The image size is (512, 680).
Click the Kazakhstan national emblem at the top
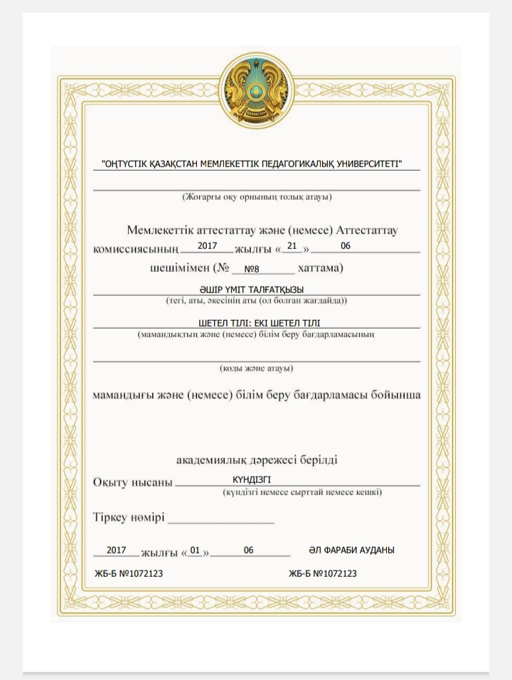tap(255, 90)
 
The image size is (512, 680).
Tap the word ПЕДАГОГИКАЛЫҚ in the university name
tap(283, 164)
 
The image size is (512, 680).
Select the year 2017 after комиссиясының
tap(207, 245)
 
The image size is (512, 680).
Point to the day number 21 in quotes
tap(292, 245)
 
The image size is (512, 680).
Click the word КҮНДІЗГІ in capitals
tap(252, 479)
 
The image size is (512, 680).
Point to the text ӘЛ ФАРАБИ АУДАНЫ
tap(351, 551)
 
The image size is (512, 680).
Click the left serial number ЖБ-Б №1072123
tap(129, 573)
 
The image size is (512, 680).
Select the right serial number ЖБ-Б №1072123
tap(323, 573)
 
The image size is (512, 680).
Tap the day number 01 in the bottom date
tap(196, 551)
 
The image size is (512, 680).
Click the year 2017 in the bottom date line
tap(116, 551)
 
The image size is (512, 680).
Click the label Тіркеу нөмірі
tap(129, 517)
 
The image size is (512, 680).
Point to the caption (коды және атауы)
tap(256, 368)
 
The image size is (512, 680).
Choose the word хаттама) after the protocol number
tap(320, 269)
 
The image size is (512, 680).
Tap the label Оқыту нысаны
tap(133, 483)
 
